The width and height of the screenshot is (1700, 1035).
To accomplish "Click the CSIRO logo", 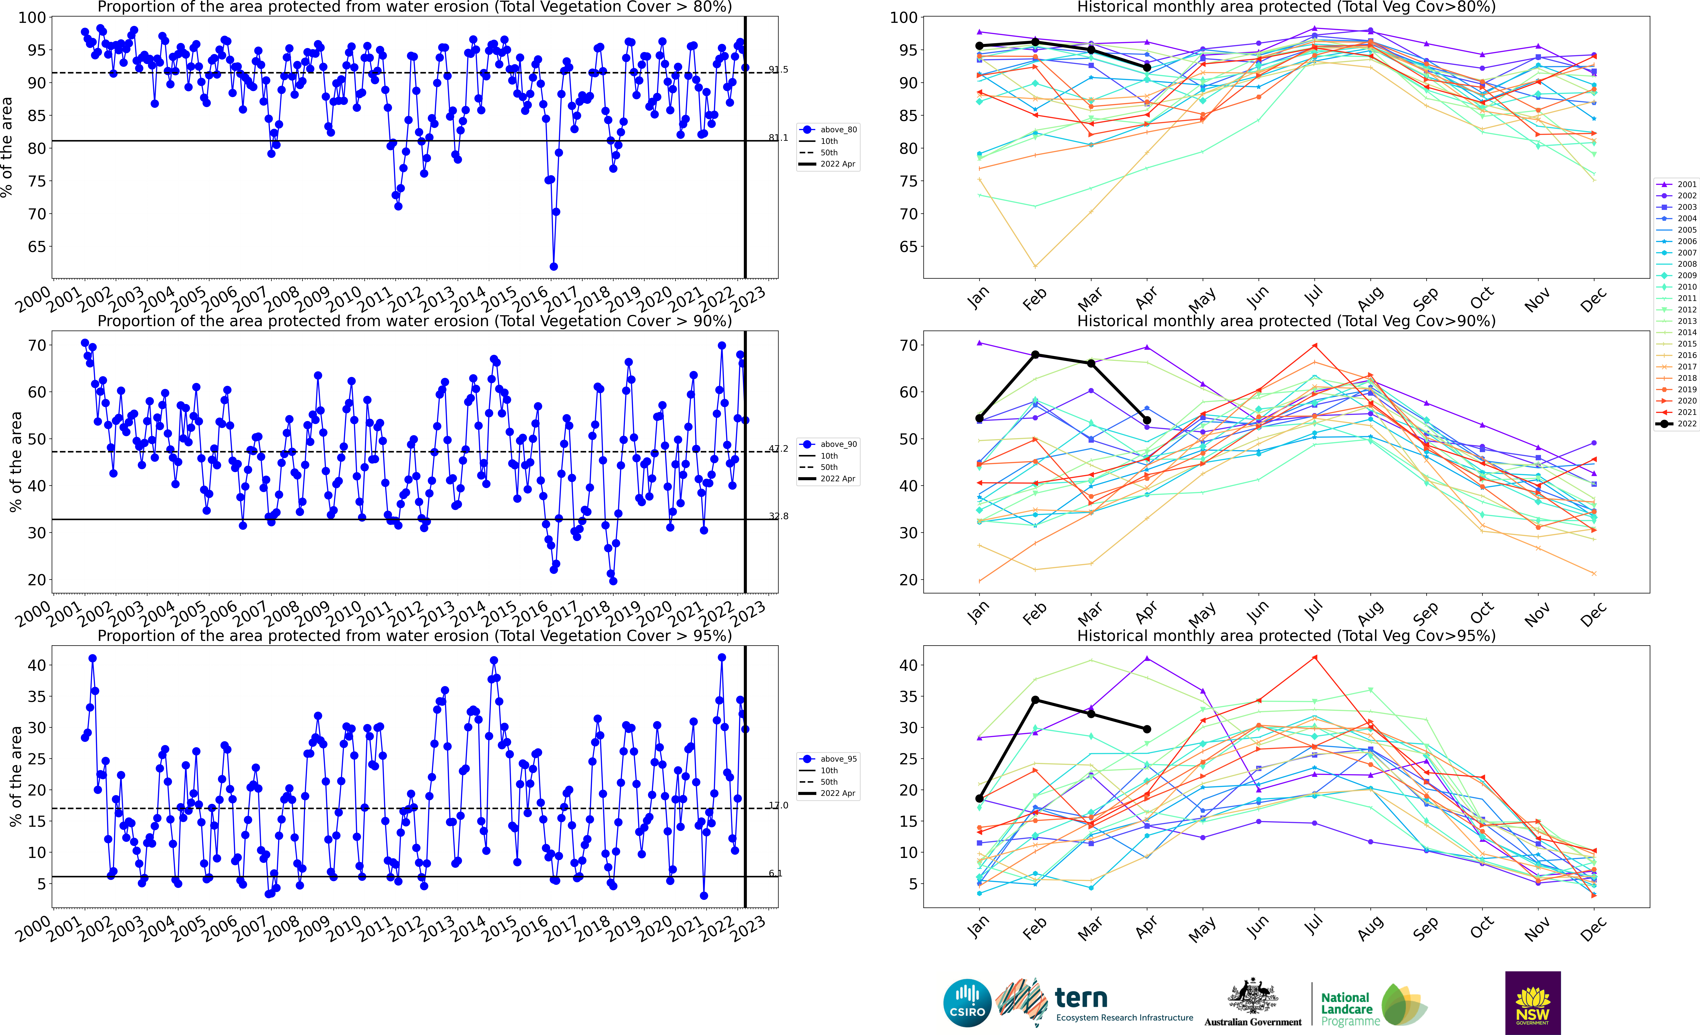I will [x=967, y=1003].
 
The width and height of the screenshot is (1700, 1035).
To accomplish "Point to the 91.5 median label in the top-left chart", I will [x=778, y=70].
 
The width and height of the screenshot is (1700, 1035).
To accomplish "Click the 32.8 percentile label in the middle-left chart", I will [x=778, y=516].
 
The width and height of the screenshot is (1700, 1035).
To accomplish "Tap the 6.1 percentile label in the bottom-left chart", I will [x=776, y=874].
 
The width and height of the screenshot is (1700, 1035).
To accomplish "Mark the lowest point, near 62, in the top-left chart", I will [x=553, y=266].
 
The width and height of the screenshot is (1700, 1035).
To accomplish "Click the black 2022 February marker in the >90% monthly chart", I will [x=1035, y=355].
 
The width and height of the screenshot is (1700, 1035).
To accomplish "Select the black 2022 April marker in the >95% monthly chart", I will [x=1147, y=729].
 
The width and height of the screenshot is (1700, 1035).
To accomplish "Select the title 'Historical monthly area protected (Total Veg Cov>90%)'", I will [x=1286, y=321].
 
